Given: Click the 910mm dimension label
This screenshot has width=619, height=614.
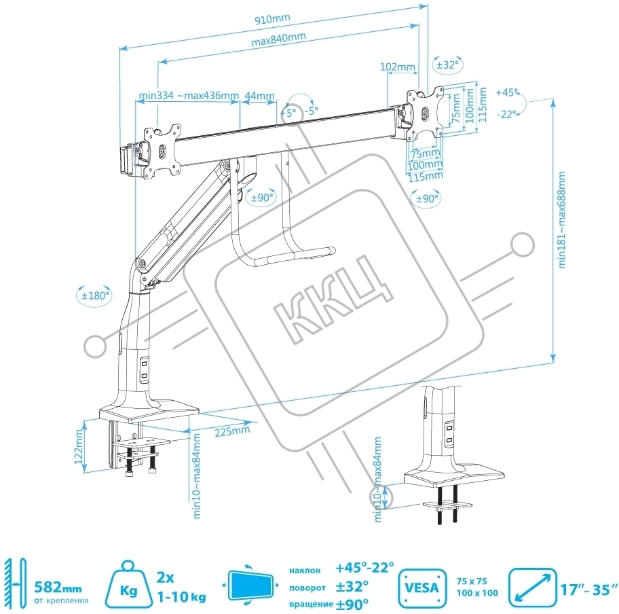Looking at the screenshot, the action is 272,19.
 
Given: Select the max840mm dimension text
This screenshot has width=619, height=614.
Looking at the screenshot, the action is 279,39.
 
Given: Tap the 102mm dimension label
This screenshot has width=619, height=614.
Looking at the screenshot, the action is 398,67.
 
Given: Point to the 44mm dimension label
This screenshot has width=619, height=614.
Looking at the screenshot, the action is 259,96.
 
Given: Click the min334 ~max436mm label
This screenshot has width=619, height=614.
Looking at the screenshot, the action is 189,96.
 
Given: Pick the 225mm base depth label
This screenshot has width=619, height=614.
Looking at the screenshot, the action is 232,431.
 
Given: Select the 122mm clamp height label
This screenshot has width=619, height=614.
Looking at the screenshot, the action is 79,447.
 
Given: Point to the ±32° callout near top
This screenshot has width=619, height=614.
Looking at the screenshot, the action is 448,65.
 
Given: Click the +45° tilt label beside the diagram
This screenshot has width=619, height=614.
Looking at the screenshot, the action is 507,92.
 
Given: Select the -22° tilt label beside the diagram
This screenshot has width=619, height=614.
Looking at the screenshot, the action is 507,114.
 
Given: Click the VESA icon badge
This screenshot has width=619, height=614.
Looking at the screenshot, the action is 422,588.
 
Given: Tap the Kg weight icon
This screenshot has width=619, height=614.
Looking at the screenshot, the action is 129,585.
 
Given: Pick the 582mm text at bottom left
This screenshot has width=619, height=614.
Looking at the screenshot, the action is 58,588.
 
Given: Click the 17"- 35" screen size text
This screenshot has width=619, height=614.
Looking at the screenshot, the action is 588,590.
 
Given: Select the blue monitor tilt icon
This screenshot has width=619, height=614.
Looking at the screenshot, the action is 250,585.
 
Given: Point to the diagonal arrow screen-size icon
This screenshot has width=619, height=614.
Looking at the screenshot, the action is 533,588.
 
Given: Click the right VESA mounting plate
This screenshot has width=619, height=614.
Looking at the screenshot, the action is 426,114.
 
